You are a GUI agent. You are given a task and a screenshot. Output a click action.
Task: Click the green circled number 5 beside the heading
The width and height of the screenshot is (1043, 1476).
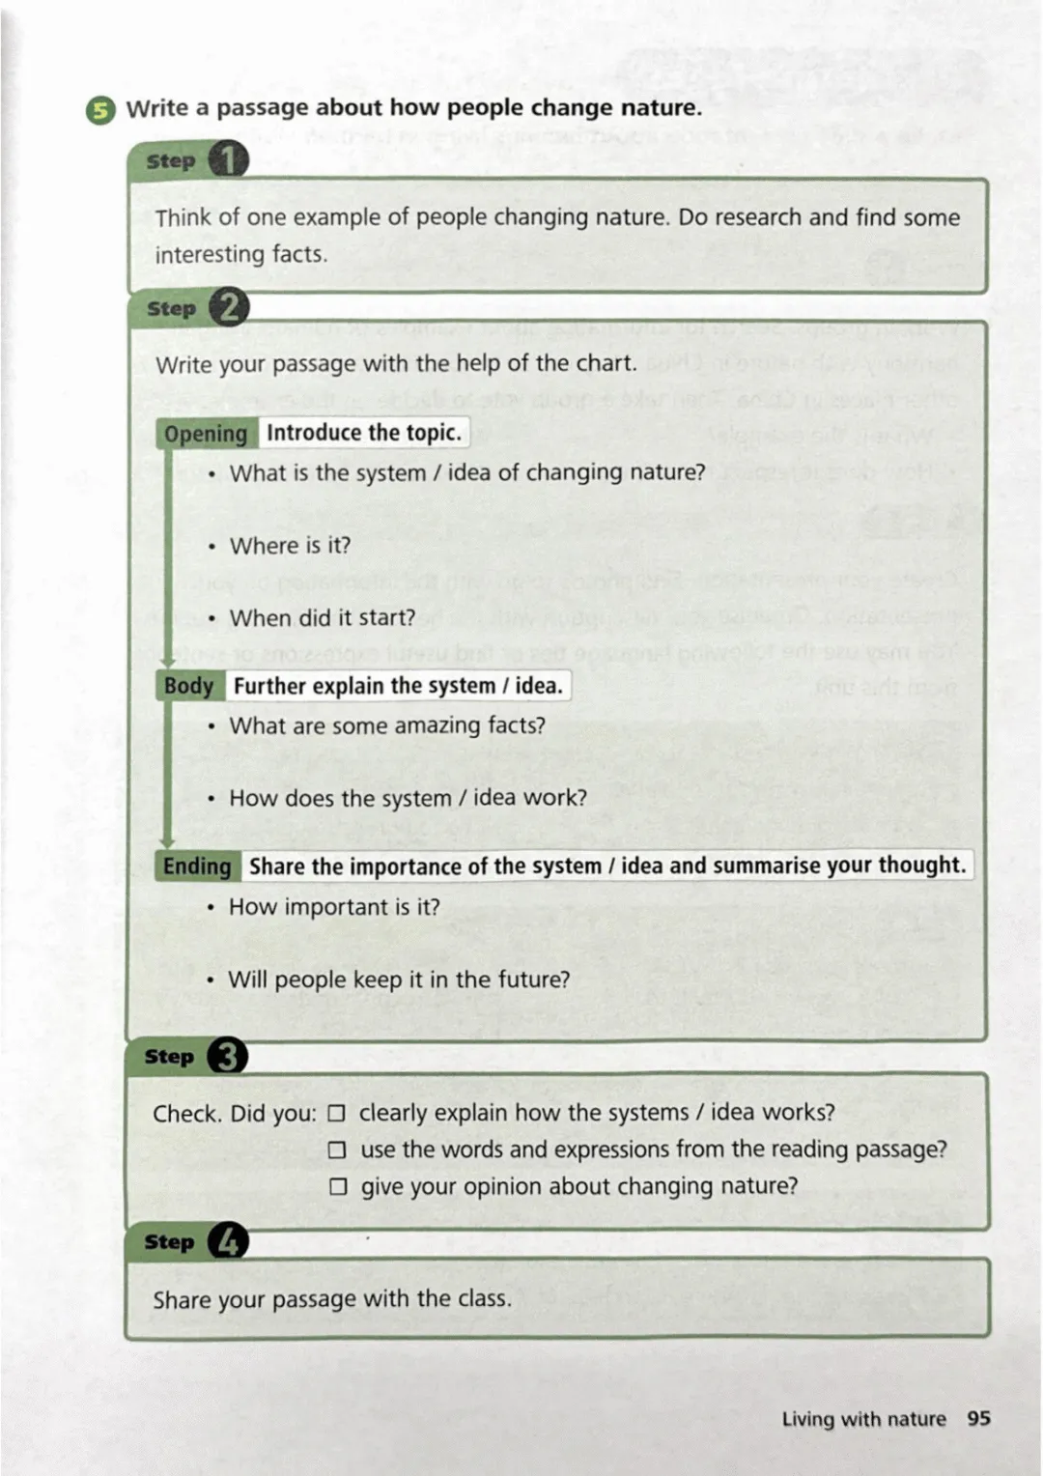click(x=100, y=110)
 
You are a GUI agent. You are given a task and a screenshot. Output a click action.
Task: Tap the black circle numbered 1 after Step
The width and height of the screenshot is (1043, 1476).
click(x=228, y=160)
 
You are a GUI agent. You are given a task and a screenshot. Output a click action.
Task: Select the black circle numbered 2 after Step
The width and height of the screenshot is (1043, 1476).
click(x=229, y=308)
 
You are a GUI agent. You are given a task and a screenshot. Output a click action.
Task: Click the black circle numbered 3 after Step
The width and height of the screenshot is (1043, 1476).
click(x=227, y=1056)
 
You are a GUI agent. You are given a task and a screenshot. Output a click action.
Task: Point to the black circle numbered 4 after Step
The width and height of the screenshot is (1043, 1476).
click(x=228, y=1241)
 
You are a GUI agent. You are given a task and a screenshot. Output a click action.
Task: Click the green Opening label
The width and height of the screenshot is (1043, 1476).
click(x=206, y=434)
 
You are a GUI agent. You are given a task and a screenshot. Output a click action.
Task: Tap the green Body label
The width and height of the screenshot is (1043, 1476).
click(x=188, y=686)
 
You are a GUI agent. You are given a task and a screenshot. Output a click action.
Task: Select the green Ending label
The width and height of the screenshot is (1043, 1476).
click(x=197, y=866)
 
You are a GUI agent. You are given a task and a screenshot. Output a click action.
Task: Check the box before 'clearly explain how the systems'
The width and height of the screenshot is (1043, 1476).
click(x=336, y=1113)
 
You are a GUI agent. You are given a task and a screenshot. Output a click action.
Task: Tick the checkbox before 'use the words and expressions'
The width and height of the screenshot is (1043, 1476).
click(x=337, y=1150)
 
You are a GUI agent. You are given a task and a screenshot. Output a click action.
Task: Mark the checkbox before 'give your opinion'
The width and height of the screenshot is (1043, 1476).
click(x=338, y=1186)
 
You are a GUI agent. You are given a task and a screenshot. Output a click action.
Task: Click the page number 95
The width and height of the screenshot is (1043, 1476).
click(x=978, y=1418)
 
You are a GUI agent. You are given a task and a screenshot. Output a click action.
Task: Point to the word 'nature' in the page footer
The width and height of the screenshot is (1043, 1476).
click(x=916, y=1419)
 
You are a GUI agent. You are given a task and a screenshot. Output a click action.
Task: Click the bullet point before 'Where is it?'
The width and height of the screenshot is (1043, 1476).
click(x=211, y=547)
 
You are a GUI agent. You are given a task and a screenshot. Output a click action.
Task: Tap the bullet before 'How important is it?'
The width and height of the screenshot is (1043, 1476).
click(x=211, y=908)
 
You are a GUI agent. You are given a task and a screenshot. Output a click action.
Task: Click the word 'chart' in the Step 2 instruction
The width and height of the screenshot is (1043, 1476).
click(x=605, y=364)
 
